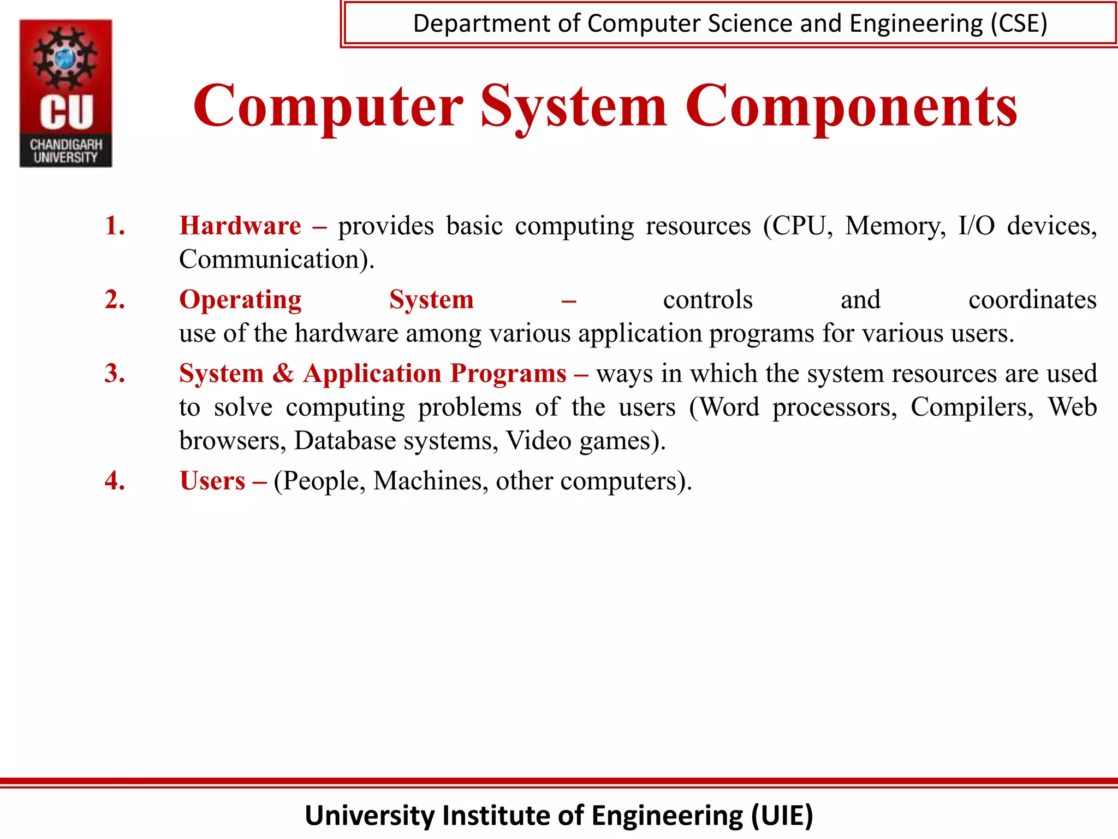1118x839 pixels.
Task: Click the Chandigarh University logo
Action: (x=66, y=93)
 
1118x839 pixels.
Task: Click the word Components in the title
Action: (x=851, y=107)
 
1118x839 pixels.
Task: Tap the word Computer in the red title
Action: (x=328, y=107)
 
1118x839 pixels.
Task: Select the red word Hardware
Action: (x=240, y=226)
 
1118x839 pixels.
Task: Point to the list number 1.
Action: (x=115, y=226)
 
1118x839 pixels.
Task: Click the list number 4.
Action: (x=115, y=481)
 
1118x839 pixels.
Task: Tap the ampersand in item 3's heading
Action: (x=283, y=374)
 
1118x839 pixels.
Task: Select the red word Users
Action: (x=212, y=481)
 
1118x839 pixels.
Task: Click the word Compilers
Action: (x=972, y=407)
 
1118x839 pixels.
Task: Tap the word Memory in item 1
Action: (x=895, y=226)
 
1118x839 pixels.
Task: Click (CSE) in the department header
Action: (x=1019, y=24)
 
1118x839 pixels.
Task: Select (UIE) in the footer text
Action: (x=782, y=816)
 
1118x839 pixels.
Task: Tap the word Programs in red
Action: (x=508, y=374)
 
